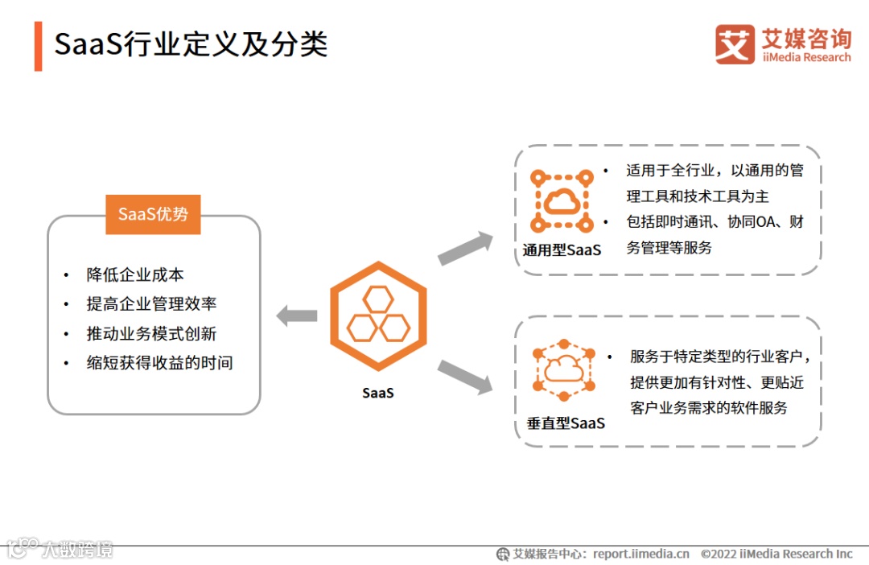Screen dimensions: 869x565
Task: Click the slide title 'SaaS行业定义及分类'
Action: (191, 44)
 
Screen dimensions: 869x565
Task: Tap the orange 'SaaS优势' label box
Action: (153, 214)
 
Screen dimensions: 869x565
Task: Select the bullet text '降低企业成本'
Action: (135, 274)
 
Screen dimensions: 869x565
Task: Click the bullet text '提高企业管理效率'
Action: (151, 303)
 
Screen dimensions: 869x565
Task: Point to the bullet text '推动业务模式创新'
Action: (151, 333)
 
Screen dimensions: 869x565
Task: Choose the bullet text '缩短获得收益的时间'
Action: (159, 362)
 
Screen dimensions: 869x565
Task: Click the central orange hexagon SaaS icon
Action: (378, 315)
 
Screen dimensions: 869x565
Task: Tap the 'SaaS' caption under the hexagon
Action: (378, 394)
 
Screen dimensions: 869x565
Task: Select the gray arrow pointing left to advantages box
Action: (296, 315)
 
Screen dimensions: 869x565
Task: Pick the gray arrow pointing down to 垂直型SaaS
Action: (465, 377)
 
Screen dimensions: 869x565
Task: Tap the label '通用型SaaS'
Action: (562, 250)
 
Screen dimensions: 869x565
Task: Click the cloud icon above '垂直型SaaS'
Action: (564, 369)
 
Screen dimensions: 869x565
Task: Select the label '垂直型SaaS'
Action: (566, 423)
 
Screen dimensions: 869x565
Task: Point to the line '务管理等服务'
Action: (669, 247)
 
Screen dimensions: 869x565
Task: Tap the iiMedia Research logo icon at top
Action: (735, 44)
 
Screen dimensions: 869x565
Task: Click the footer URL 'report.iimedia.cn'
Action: (641, 554)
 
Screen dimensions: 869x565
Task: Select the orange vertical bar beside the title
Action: (38, 46)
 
